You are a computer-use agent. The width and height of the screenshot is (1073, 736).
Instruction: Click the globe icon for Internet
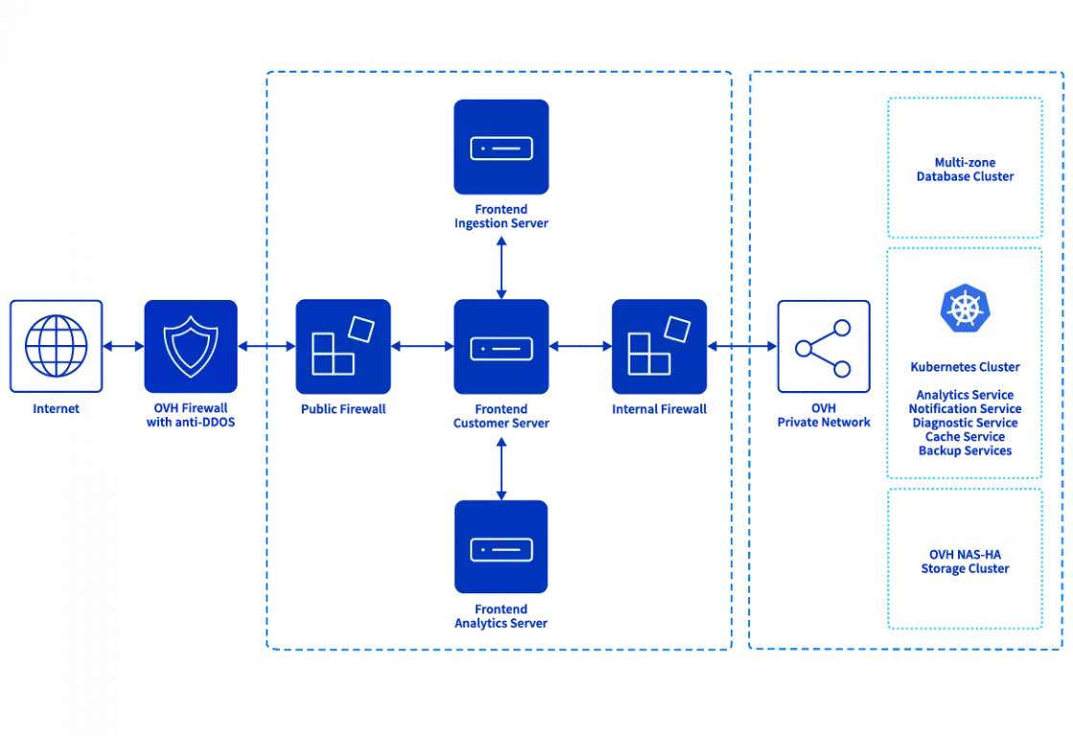55,346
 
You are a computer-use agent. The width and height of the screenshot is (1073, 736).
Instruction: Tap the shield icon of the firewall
190,346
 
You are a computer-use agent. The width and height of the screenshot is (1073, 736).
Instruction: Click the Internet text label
55,407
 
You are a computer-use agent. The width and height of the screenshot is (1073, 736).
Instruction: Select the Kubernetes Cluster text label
965,366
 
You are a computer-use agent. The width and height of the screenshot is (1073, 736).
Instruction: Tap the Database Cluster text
965,176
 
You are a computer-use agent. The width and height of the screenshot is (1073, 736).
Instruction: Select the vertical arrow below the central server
501,467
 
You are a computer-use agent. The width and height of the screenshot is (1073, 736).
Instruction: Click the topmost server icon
501,148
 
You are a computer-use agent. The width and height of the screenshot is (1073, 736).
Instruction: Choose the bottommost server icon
501,547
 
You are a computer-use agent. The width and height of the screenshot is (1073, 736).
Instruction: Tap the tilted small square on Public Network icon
363,329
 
